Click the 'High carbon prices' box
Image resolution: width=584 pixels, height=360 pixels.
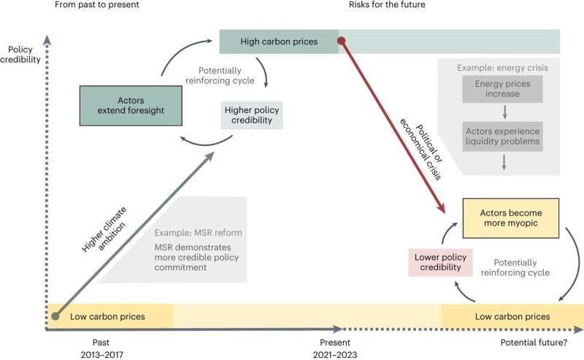pos(279,41)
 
